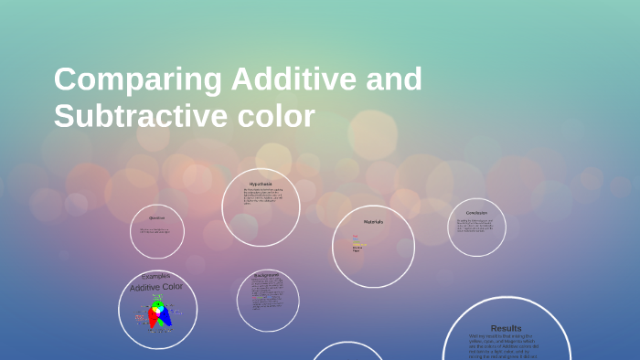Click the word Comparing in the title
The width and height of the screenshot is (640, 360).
[x=138, y=80]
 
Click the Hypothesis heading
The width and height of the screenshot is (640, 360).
[x=261, y=184]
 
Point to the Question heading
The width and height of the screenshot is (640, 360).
[x=157, y=217]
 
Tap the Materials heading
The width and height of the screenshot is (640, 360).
[x=373, y=222]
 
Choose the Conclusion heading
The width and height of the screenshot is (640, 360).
[x=476, y=213]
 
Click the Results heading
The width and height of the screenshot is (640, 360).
[x=506, y=328]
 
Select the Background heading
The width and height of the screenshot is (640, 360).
[x=268, y=274]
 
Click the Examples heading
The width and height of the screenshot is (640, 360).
[x=156, y=276]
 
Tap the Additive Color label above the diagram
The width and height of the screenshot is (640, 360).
[x=156, y=287]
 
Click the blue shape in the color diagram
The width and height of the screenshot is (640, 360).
[x=165, y=318]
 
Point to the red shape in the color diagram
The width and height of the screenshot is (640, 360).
[x=153, y=318]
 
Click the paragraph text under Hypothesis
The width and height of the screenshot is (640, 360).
[x=262, y=196]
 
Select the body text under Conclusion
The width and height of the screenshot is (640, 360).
[x=475, y=224]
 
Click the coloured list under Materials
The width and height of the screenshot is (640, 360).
[x=358, y=243]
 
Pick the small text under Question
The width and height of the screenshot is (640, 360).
[x=155, y=230]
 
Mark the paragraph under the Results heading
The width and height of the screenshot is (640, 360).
[x=506, y=345]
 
